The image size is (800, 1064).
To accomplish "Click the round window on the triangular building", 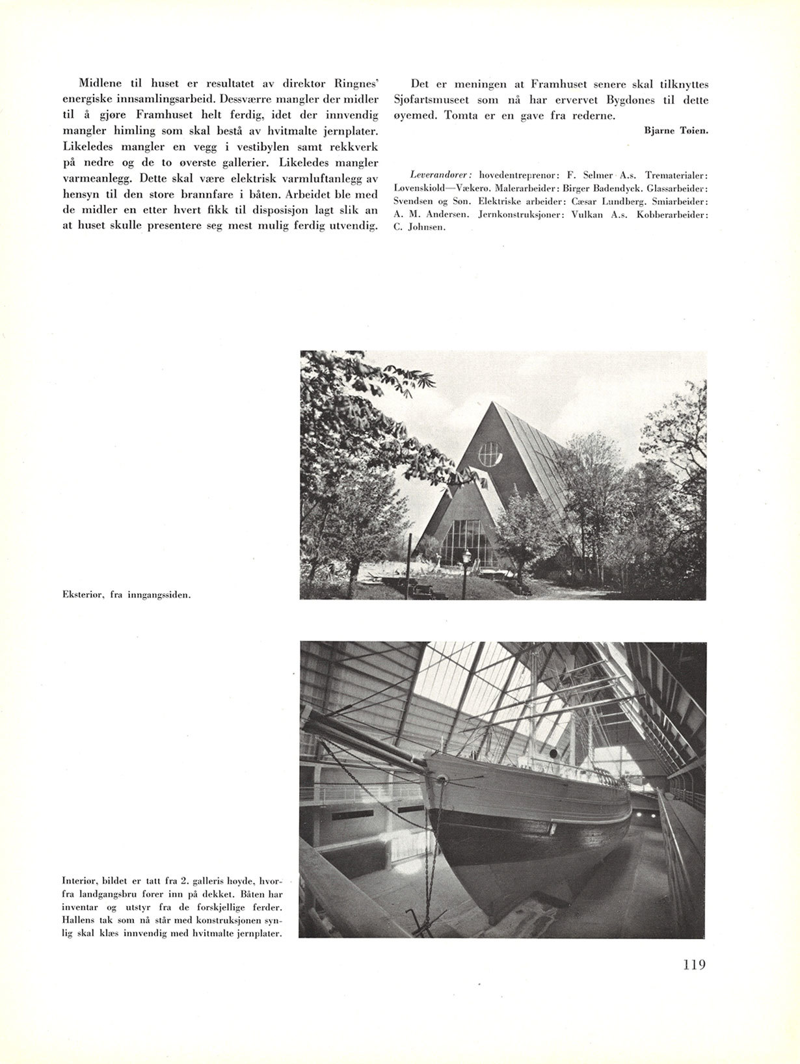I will click(490, 455).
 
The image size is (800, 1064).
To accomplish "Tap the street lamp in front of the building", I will click(466, 557).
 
